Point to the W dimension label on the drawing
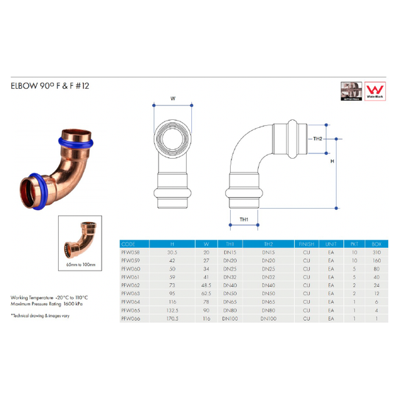tap(173, 98)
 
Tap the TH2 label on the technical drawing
tap(318, 139)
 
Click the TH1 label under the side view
tap(243, 219)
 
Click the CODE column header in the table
tap(130, 245)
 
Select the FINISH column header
tap(307, 245)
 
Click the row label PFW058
tap(131, 253)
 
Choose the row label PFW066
tap(131, 319)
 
